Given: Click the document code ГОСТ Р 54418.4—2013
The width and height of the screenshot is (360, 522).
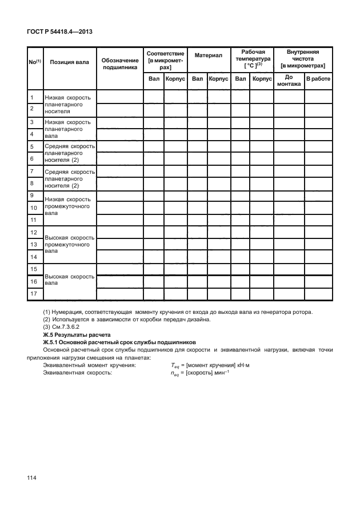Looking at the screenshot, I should pos(59,31).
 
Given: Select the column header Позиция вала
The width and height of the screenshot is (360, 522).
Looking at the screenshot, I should pos(69,62).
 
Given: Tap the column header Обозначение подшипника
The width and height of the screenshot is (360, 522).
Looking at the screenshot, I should pos(120,63).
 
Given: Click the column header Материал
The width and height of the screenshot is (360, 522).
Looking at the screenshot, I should pos(208,56).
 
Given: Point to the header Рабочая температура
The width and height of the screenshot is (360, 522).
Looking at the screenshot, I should pos(252,59).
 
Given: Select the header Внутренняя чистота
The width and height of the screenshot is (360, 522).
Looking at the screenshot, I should pos(302,59).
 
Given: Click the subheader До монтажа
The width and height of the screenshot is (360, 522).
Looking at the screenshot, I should pos(289,81).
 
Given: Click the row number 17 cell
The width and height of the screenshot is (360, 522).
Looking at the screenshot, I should pos(34,294).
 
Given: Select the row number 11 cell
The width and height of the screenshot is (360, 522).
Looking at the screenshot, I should pos(34,220).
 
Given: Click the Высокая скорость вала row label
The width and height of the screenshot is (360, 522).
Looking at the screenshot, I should pos(69,280).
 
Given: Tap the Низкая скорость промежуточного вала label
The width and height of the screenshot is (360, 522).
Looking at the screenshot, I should pos(69,207).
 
